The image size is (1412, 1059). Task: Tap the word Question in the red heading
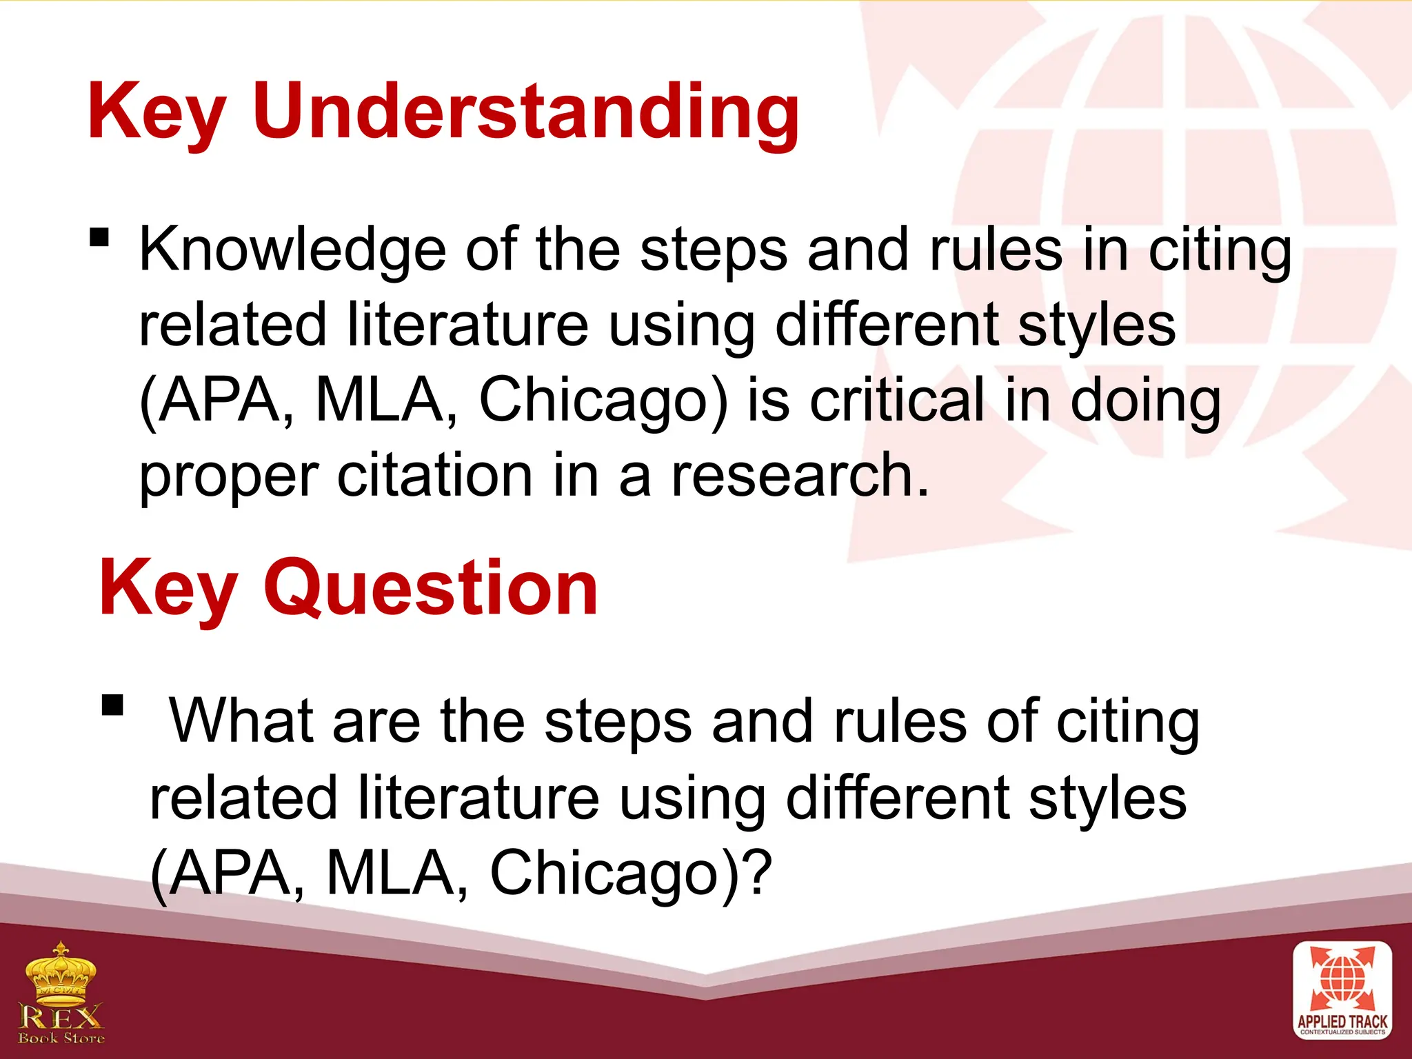[431, 588]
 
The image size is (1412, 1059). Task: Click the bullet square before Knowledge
[100, 238]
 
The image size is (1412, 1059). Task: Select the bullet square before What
[112, 706]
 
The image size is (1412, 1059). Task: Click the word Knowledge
[293, 250]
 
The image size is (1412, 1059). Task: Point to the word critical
[896, 401]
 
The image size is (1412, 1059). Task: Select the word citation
[434, 476]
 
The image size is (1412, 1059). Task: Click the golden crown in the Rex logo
[61, 972]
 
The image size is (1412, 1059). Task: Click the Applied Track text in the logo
[1342, 1022]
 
